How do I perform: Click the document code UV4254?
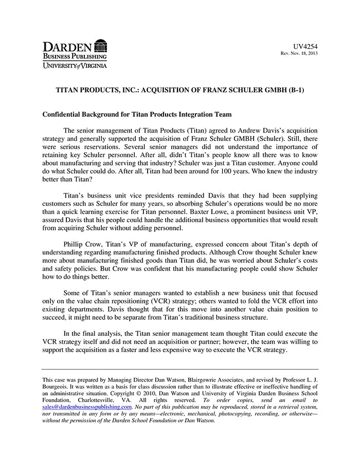(305, 46)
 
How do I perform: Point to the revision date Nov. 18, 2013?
(303, 53)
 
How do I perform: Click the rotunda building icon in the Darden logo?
(101, 45)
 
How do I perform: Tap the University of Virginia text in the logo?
(75, 65)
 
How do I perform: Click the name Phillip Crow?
(82, 244)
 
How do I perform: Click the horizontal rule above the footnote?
(180, 369)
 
